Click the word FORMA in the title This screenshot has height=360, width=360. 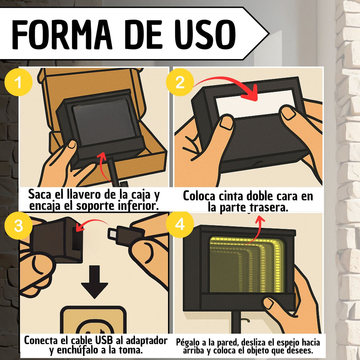62,34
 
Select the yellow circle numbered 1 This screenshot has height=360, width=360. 18,82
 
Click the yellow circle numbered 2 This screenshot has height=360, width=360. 180,82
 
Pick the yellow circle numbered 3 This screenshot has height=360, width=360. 18,225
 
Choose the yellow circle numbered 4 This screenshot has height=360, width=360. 180,224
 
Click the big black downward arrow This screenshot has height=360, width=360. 95,282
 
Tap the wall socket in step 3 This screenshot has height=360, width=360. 93,320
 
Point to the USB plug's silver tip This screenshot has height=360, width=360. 112,233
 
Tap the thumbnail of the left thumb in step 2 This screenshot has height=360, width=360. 226,122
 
